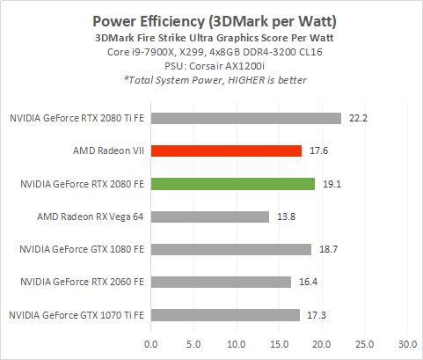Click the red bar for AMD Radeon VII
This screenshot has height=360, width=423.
pyautogui.click(x=226, y=151)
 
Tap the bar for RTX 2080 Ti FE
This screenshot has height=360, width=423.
pyautogui.click(x=245, y=118)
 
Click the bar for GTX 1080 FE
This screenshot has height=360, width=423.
pyautogui.click(x=230, y=249)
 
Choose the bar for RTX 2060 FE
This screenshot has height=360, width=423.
pyautogui.click(x=221, y=282)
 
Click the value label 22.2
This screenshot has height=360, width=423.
pyautogui.click(x=356, y=118)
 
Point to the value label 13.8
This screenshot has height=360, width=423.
pyautogui.click(x=284, y=216)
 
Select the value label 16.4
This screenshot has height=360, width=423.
pyautogui.click(x=306, y=282)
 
